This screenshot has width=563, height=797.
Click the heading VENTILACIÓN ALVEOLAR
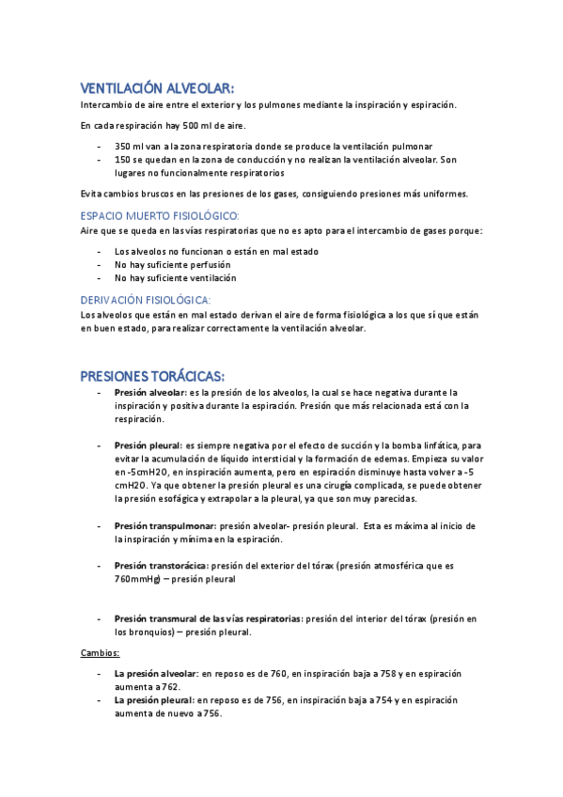click(x=158, y=88)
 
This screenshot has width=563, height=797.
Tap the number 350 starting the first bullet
click(x=124, y=147)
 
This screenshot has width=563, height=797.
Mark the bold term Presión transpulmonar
click(x=164, y=526)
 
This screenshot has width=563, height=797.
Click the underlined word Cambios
click(x=99, y=651)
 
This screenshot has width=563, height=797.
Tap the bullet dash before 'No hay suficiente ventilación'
click(x=101, y=278)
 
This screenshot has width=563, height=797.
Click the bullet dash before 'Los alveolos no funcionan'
click(x=101, y=252)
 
